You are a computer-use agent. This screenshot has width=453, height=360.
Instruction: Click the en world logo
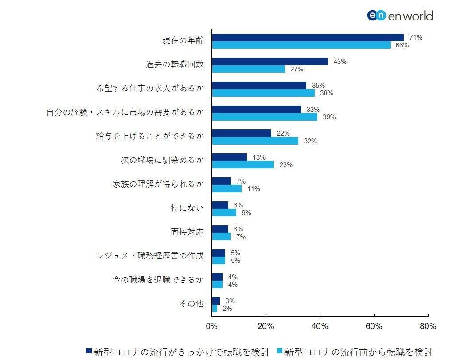(x=400, y=16)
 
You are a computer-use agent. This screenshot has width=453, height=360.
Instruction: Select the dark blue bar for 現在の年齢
(x=308, y=37)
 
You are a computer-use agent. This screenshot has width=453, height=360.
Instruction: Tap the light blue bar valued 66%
(x=301, y=45)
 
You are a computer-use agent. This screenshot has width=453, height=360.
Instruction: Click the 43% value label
(x=340, y=62)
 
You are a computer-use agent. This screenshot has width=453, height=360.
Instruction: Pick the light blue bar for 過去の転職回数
(x=248, y=69)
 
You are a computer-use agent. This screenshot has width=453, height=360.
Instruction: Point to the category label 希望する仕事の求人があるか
(x=150, y=88)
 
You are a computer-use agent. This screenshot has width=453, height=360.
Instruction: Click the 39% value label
(x=329, y=117)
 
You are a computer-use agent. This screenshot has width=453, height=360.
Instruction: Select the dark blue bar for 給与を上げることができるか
(x=242, y=133)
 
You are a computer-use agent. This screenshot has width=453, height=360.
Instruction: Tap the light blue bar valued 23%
(x=243, y=164)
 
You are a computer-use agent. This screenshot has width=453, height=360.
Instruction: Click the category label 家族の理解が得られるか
(x=158, y=184)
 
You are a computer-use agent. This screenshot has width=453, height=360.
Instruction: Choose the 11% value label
(x=254, y=189)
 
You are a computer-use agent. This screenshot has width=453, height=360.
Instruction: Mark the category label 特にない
(x=187, y=208)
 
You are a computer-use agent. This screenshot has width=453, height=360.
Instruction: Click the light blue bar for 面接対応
(x=221, y=236)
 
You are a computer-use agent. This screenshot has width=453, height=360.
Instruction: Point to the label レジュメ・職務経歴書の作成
(x=150, y=256)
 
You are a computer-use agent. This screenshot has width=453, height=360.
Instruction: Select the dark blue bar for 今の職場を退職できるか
(x=217, y=277)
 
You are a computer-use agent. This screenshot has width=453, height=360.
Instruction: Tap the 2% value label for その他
(x=227, y=309)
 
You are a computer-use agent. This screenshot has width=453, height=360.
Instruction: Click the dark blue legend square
(x=89, y=352)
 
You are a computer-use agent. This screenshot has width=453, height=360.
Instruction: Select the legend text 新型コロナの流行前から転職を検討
(x=358, y=352)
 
